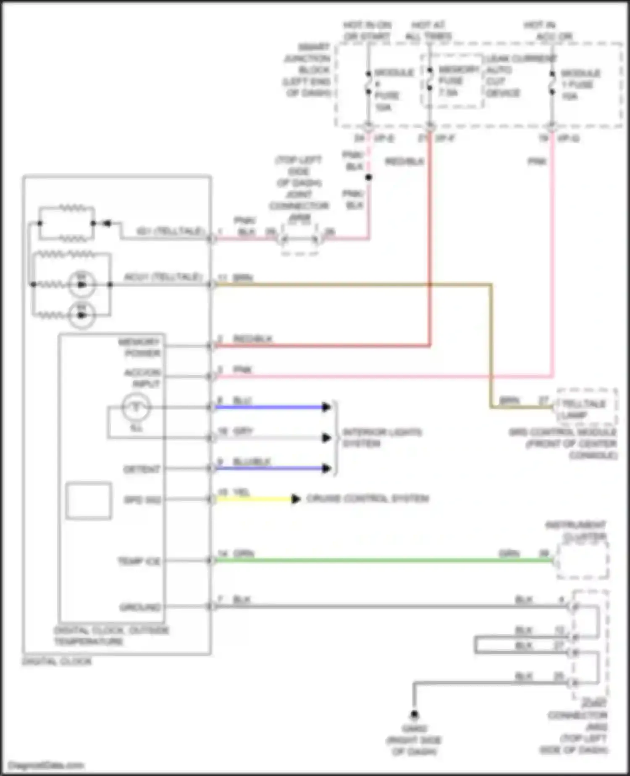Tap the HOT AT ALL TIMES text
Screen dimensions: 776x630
click(x=428, y=31)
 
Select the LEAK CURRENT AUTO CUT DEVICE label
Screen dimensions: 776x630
click(x=520, y=76)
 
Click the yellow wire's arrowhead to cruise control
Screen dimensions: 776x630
click(x=296, y=499)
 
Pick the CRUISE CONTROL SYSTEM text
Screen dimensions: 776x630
click(x=367, y=499)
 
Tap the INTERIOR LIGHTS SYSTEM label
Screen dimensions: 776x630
click(x=382, y=438)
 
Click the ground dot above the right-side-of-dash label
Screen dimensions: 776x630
click(x=414, y=714)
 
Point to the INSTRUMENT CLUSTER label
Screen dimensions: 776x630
click(x=576, y=531)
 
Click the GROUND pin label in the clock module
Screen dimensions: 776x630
click(x=140, y=607)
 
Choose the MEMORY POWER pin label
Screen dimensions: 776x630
click(x=140, y=347)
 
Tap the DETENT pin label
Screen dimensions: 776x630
click(x=142, y=469)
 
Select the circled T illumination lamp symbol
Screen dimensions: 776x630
click(x=136, y=407)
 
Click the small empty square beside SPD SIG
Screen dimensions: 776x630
click(x=89, y=501)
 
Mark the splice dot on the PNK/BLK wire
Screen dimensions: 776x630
click(x=368, y=177)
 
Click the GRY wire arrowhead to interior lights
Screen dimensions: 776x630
click(x=326, y=438)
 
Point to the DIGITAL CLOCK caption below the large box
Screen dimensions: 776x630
click(x=57, y=662)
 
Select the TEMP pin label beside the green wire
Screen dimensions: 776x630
click(x=139, y=561)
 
